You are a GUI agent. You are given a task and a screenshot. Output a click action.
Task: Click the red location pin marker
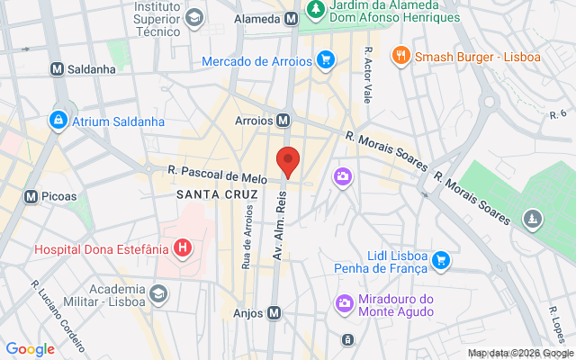click(x=288, y=160)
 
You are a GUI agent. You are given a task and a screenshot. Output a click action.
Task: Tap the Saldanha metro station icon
click(x=57, y=68)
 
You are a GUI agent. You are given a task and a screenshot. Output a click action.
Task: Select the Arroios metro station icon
click(x=283, y=120)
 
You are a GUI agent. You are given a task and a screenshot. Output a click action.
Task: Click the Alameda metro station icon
click(x=291, y=18)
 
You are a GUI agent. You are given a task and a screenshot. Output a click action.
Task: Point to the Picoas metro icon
click(x=31, y=196)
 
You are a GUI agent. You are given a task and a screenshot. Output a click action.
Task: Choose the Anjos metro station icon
click(x=274, y=313)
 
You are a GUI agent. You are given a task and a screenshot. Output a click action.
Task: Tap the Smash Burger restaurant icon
click(x=401, y=56)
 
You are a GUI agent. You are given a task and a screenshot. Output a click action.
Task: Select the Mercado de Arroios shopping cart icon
click(x=326, y=61)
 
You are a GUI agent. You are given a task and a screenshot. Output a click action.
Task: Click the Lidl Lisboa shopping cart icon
click(x=440, y=261)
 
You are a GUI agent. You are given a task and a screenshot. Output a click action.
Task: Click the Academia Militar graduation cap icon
click(x=158, y=293)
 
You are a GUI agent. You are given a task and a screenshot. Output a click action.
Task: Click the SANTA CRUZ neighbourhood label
click(x=217, y=194)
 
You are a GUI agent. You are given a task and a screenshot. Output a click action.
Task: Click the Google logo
click(x=30, y=349)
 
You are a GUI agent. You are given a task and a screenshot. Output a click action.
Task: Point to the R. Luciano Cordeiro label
click(x=58, y=315)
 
